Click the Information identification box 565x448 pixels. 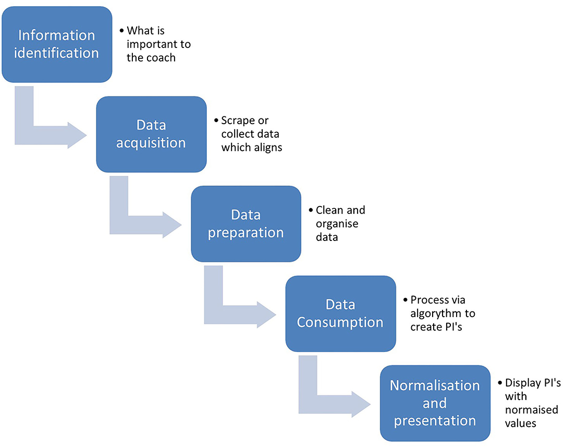(56, 44)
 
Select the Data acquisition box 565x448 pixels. (151, 134)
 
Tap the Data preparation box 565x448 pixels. (245, 224)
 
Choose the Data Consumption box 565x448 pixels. (340, 313)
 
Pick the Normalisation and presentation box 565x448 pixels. (435, 403)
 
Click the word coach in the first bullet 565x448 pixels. (162, 58)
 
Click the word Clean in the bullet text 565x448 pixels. (329, 210)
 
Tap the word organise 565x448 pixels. (338, 224)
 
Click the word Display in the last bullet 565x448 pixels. (521, 383)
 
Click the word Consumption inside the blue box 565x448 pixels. (340, 322)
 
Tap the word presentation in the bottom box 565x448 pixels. (435, 420)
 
